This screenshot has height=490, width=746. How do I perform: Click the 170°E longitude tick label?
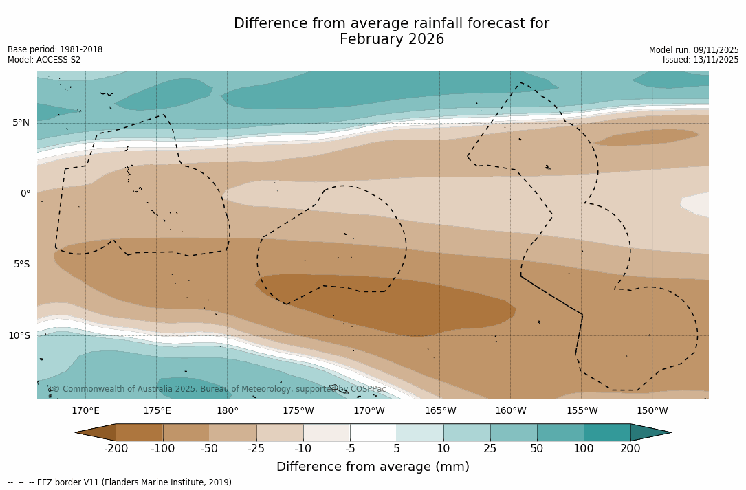85,411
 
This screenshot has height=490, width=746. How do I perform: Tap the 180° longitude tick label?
227,411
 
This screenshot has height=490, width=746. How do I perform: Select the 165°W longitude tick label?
440,411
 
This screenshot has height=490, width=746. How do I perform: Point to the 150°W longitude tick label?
652,411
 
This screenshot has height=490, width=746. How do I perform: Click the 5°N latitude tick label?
21,122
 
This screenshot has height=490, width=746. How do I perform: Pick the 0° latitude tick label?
25,194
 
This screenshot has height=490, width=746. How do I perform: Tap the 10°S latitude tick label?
19,335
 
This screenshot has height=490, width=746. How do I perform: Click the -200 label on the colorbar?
116,449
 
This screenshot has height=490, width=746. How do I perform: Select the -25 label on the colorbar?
256,449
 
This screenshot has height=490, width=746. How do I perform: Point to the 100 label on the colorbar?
584,449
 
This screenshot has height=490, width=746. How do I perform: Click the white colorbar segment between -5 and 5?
373,432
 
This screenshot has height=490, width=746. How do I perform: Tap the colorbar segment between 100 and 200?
607,432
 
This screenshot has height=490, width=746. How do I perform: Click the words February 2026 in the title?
392,40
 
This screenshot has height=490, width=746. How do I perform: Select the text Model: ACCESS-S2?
44,60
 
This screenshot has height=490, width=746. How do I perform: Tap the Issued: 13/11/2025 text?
701,60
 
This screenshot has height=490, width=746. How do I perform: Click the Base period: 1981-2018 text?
55,49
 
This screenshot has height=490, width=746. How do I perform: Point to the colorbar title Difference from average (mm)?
373,467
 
